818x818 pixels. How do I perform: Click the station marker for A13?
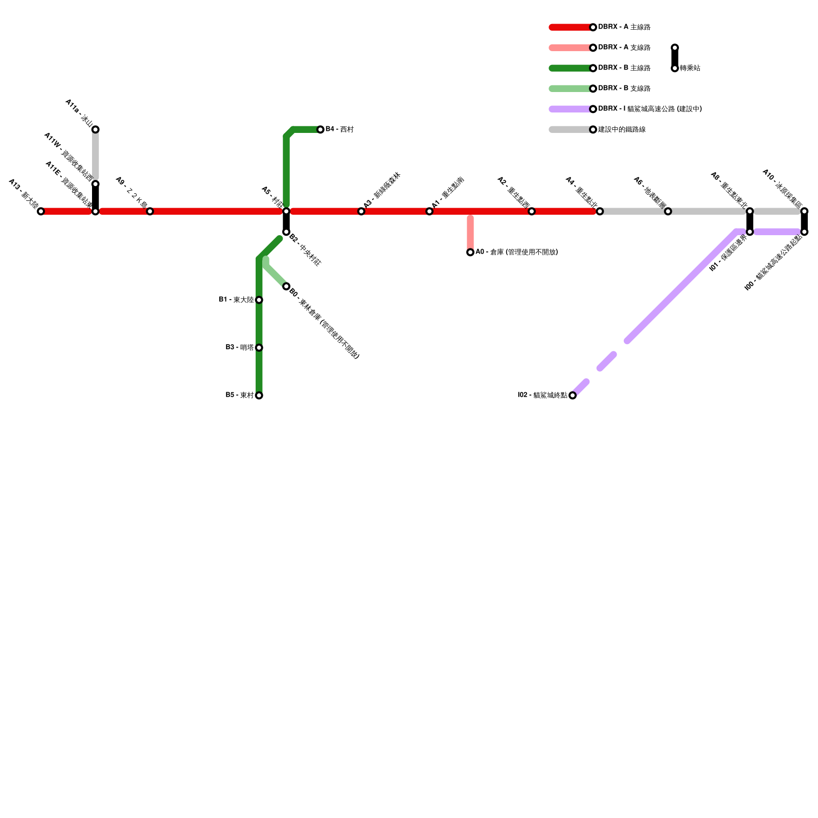click(x=41, y=211)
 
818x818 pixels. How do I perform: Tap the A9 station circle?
click(x=150, y=211)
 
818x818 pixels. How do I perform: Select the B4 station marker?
click(x=320, y=129)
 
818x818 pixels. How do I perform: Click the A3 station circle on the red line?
click(x=361, y=211)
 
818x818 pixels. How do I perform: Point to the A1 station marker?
click(x=429, y=211)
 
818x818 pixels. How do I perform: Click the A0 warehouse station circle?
click(x=470, y=252)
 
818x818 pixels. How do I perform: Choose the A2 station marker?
click(x=532, y=211)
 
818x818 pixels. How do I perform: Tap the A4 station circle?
click(x=600, y=211)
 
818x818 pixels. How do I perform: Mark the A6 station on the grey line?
click(x=668, y=211)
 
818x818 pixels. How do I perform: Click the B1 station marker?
click(x=259, y=300)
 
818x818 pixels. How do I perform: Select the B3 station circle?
click(x=259, y=348)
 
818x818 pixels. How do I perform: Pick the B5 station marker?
click(x=259, y=395)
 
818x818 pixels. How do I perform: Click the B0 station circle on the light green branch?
click(x=286, y=286)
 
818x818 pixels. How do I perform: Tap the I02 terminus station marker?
click(x=573, y=395)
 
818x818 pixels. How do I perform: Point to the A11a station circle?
click(x=96, y=129)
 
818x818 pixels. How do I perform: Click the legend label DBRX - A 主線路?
click(x=624, y=27)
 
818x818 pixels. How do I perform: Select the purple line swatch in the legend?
click(x=570, y=109)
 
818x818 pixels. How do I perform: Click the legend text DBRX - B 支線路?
click(x=624, y=88)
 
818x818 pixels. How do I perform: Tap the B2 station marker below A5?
click(x=286, y=232)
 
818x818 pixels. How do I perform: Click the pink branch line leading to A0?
click(x=470, y=233)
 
